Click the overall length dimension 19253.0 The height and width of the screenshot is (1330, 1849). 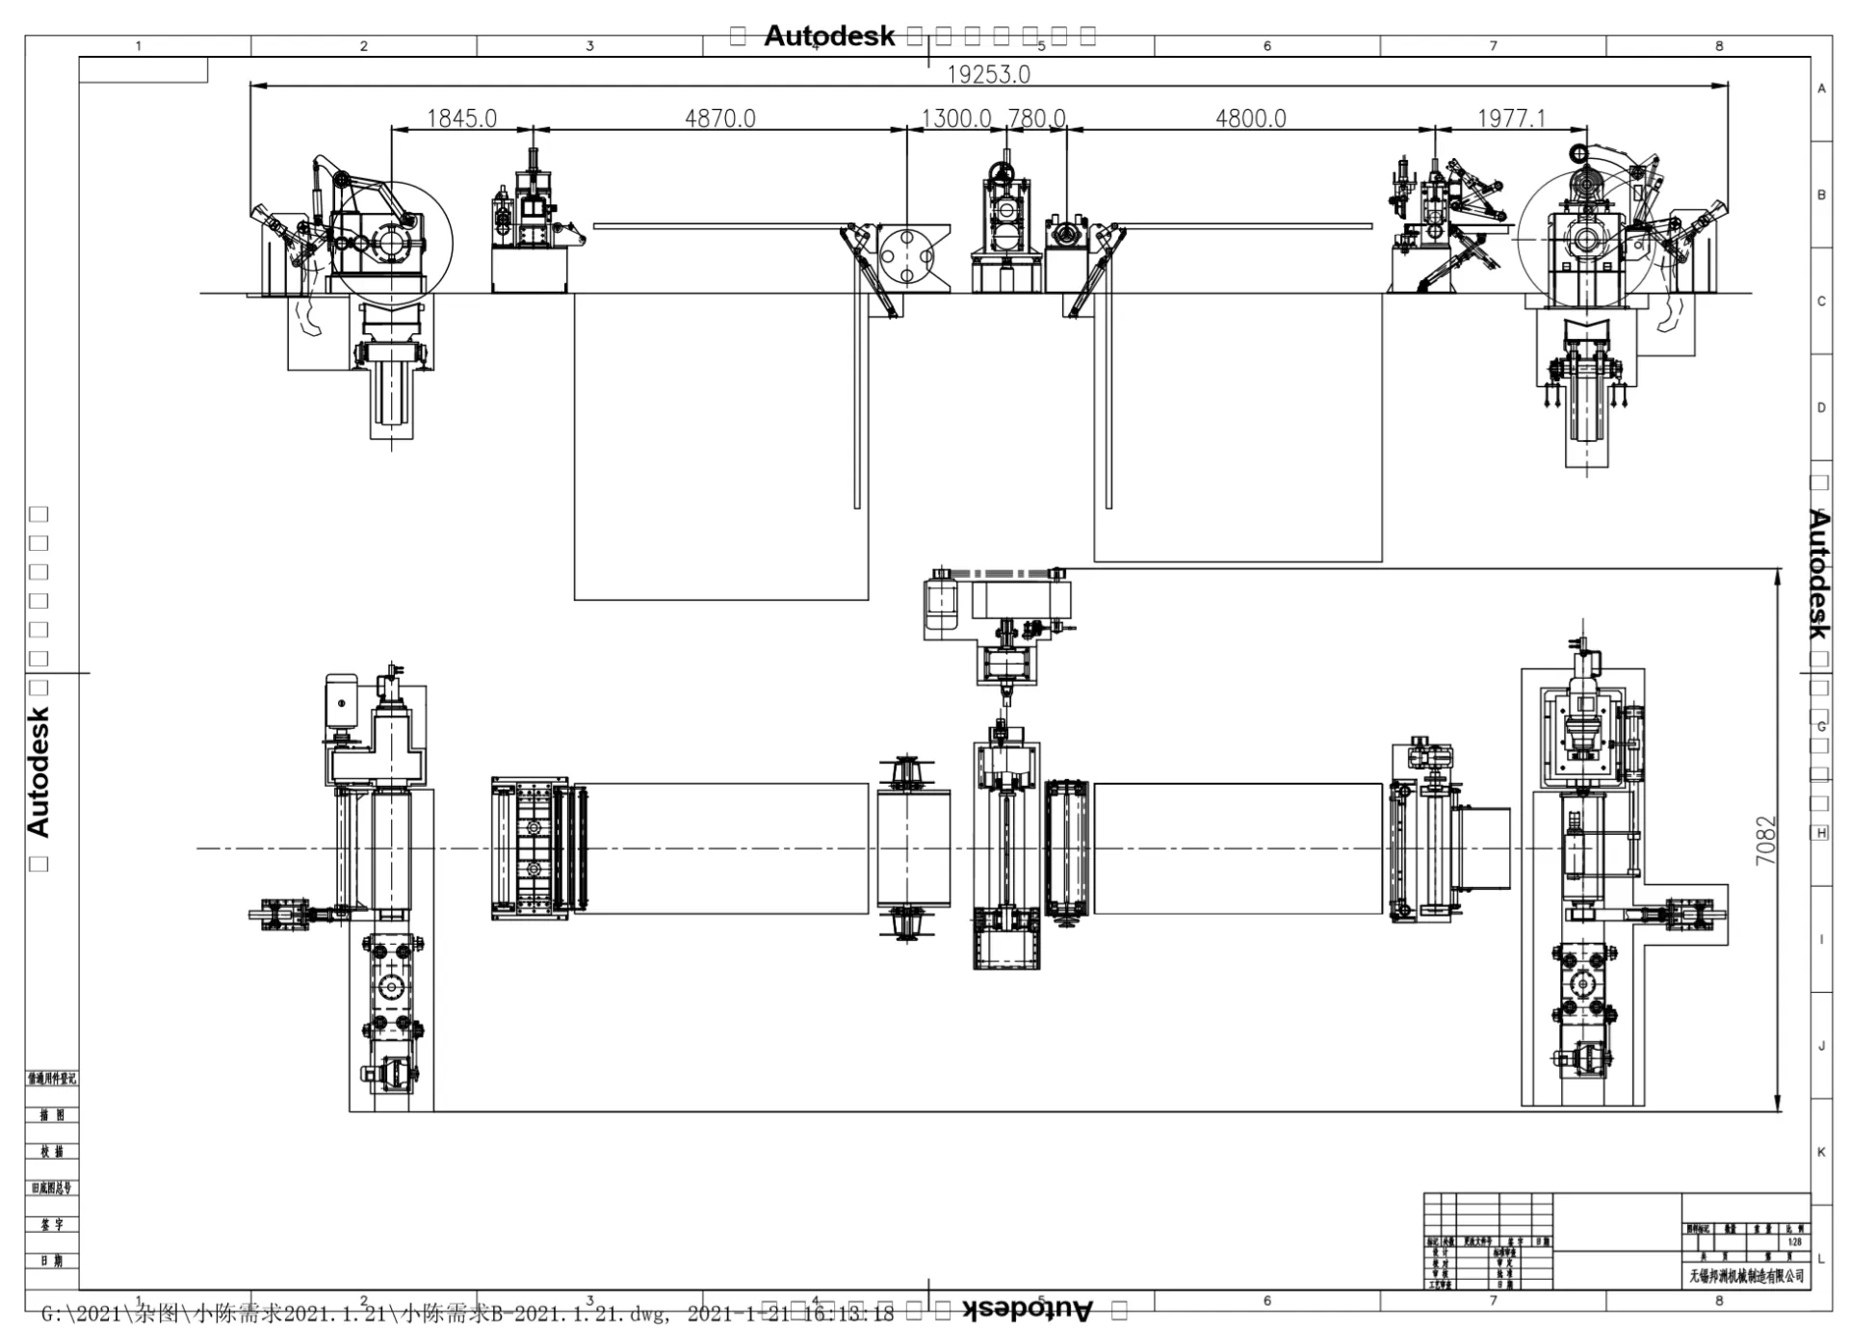[988, 74]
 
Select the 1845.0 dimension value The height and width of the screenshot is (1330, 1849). [461, 118]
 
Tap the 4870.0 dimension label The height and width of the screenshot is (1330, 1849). [719, 118]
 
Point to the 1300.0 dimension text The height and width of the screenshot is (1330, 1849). [955, 118]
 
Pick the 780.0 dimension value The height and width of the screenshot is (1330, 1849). [1036, 118]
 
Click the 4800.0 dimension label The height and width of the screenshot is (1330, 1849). [1250, 118]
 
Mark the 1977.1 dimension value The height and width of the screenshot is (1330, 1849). [1511, 118]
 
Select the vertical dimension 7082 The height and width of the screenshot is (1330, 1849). [1764, 840]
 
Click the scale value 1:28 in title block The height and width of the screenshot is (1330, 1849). [1794, 1242]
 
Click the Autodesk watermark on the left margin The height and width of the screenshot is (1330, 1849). [38, 770]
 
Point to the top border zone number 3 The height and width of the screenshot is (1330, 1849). [589, 45]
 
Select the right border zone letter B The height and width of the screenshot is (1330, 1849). [1821, 195]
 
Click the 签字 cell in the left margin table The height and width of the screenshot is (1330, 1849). [51, 1224]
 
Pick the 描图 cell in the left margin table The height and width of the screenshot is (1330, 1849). [51, 1114]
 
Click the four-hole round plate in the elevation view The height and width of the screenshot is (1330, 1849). [907, 256]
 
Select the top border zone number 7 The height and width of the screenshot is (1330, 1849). [1494, 45]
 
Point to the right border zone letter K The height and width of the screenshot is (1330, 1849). [1821, 1152]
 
